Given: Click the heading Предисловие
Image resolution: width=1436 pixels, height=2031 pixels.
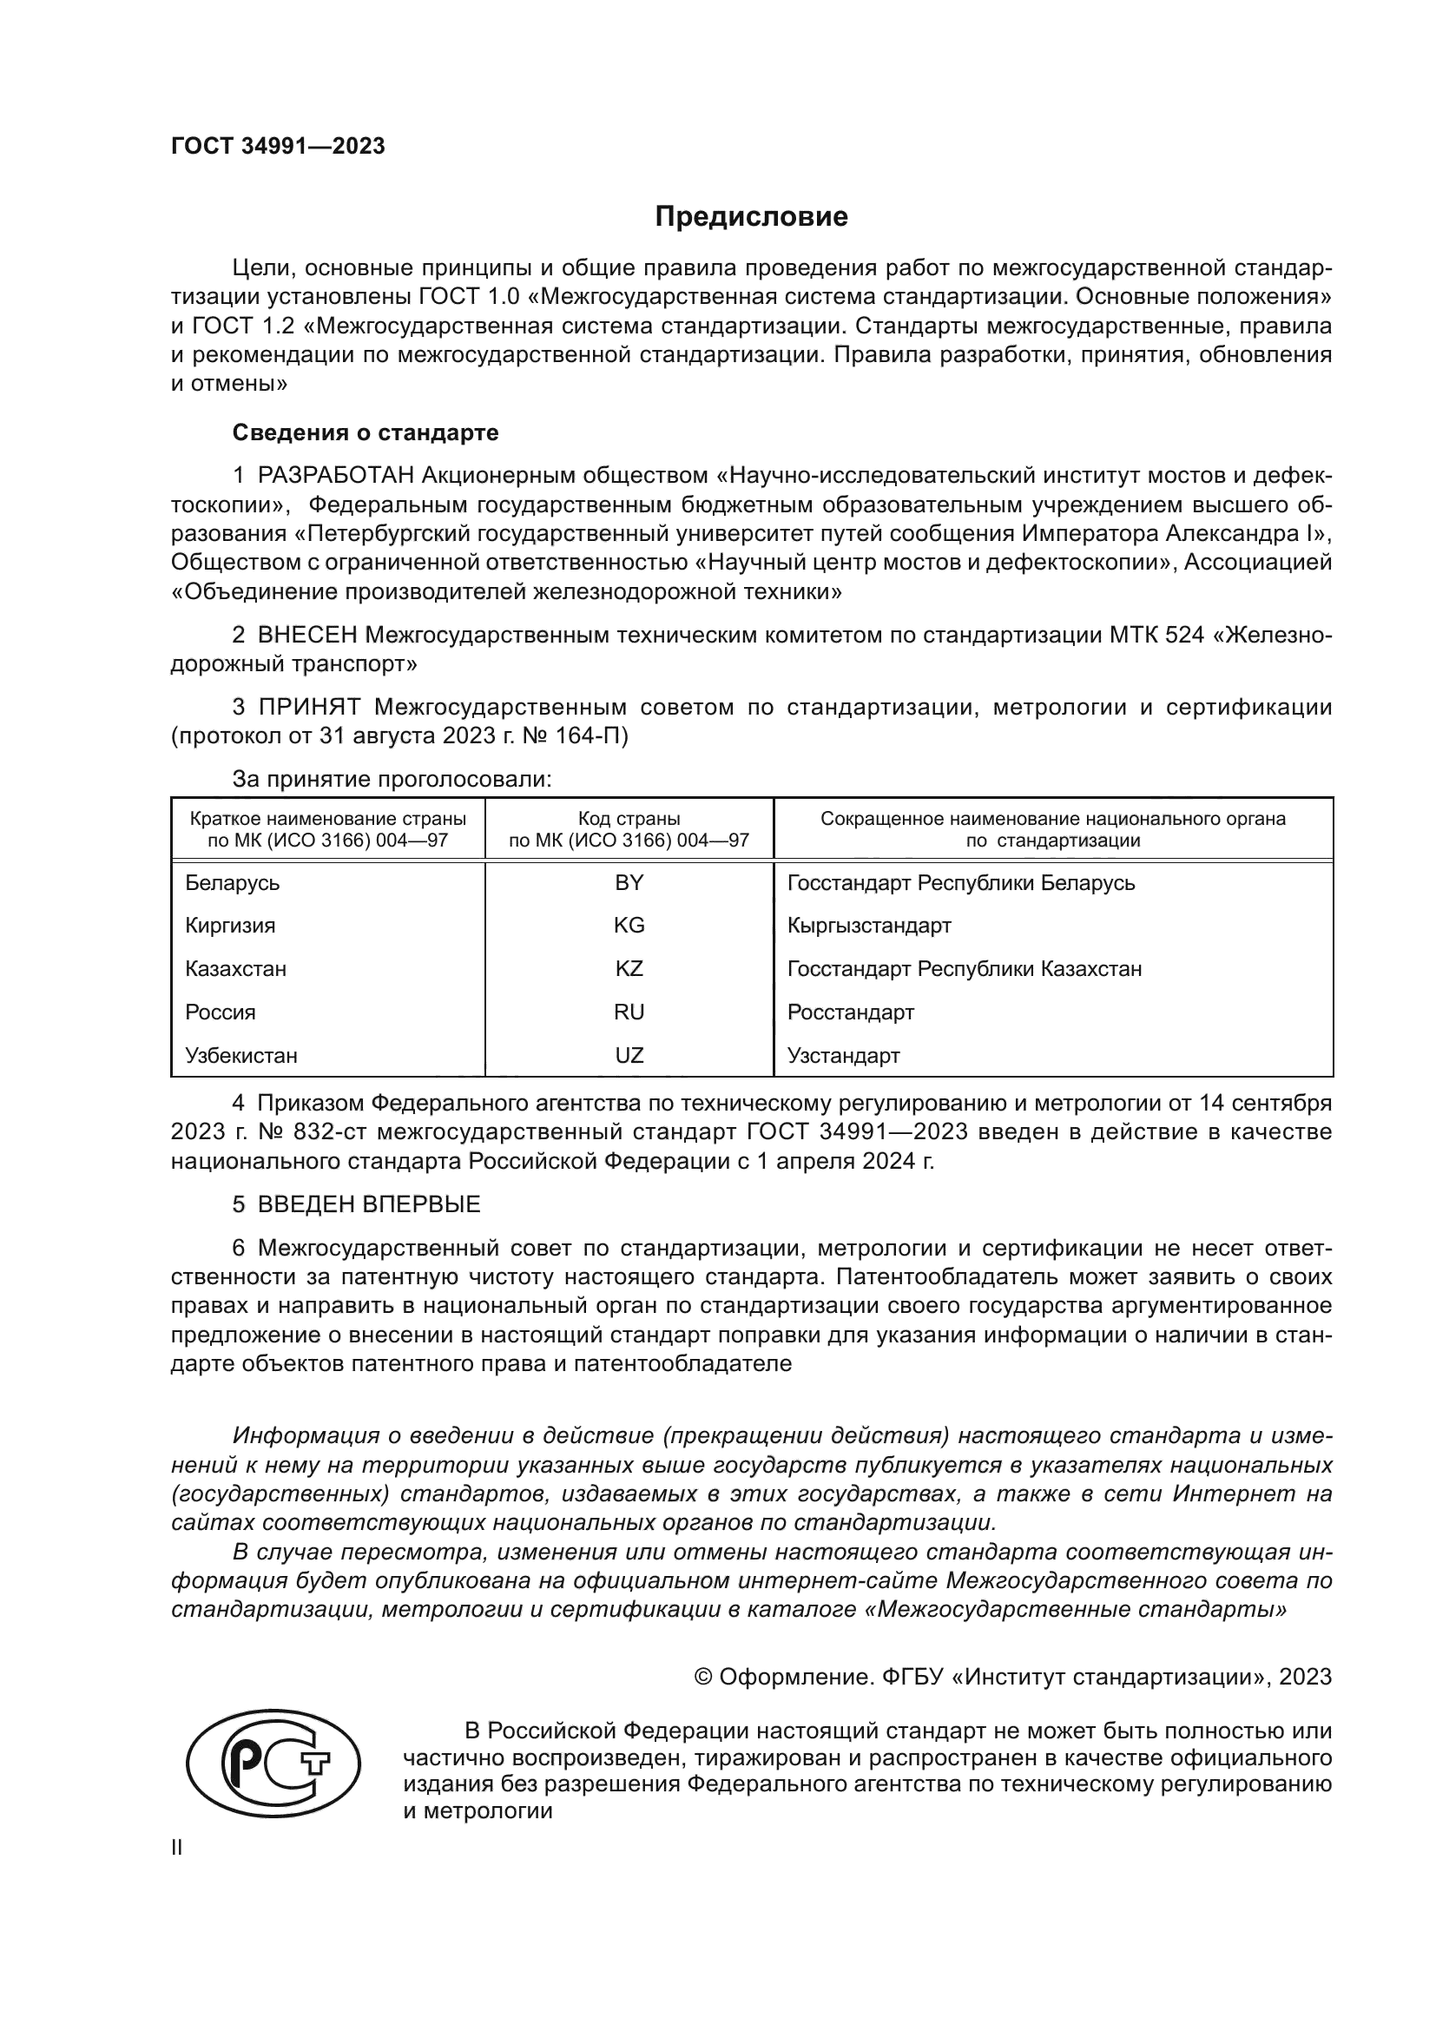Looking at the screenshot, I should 751,217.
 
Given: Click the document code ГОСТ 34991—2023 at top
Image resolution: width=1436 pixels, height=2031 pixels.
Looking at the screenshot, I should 278,147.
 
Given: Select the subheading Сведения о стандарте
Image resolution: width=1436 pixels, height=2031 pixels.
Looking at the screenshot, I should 366,433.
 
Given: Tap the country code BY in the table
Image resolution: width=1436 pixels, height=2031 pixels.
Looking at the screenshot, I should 629,883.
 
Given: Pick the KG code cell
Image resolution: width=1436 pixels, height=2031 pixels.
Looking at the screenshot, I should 629,926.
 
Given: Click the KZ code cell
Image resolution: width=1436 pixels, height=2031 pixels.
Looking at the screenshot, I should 629,969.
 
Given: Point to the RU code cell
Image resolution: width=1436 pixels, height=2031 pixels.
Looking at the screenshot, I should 629,1012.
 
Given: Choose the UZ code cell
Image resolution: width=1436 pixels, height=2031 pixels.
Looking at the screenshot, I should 629,1055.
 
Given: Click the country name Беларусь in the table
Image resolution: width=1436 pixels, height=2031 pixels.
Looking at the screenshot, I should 233,883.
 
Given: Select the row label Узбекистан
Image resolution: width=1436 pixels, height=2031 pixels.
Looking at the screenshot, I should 241,1055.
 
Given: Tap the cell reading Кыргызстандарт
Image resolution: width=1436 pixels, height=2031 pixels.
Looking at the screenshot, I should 869,926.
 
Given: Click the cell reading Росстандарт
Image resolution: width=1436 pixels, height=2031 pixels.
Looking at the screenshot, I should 851,1012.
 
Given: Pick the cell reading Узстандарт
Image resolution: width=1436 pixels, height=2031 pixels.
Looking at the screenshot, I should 844,1055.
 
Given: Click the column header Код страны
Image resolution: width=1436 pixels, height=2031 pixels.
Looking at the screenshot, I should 629,819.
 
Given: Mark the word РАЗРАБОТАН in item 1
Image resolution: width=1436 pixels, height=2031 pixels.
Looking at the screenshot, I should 335,476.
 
